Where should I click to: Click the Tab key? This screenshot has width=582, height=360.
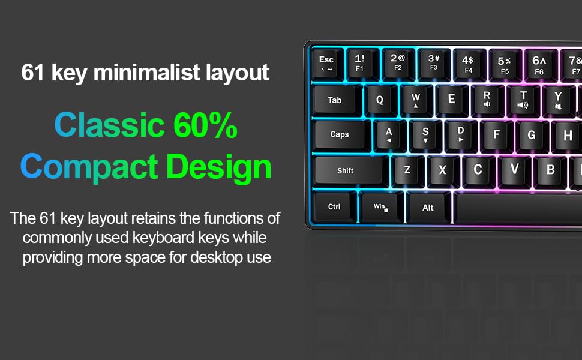pyautogui.click(x=335, y=100)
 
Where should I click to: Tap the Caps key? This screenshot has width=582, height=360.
pyautogui.click(x=340, y=134)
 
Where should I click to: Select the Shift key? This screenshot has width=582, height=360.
pyautogui.click(x=346, y=170)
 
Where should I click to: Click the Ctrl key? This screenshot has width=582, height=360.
pyautogui.click(x=334, y=207)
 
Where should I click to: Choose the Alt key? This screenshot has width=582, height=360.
pyautogui.click(x=428, y=208)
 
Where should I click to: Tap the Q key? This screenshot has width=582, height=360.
pyautogui.click(x=380, y=100)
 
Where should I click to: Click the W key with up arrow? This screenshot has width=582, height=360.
pyautogui.click(x=416, y=100)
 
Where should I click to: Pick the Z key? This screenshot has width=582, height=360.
pyautogui.click(x=407, y=170)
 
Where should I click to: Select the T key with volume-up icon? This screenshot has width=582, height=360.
pyautogui.click(x=523, y=99)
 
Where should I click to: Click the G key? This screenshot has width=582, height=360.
pyautogui.click(x=531, y=135)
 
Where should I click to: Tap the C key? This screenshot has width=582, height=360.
pyautogui.click(x=478, y=170)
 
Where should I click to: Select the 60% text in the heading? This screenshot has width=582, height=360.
pyautogui.click(x=205, y=126)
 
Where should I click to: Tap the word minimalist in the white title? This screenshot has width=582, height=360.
pyautogui.click(x=146, y=73)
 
